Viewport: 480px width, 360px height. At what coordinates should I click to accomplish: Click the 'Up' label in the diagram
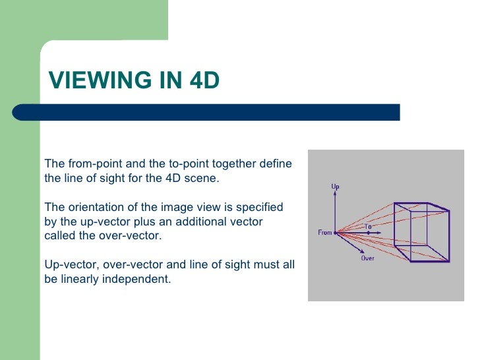point(335,187)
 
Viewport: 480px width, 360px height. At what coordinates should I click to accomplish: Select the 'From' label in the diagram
point(324,233)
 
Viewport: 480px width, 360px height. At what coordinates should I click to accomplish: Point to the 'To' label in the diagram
point(369,226)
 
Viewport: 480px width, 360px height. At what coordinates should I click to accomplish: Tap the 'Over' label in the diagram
point(367,258)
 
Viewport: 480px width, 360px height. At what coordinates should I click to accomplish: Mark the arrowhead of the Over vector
point(363,251)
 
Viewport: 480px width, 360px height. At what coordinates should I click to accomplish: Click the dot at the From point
point(336,232)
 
